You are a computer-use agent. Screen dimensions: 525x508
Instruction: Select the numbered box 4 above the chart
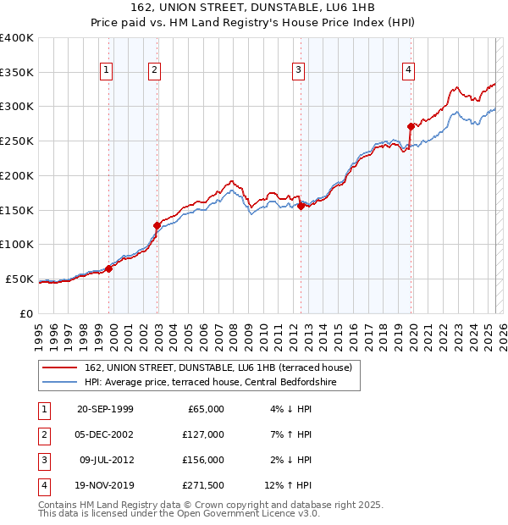(x=408, y=70)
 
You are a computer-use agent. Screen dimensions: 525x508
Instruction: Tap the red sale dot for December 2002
(x=157, y=225)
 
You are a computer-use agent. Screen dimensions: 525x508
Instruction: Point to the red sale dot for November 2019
(x=411, y=126)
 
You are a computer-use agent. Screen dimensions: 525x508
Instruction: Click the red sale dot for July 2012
(x=301, y=205)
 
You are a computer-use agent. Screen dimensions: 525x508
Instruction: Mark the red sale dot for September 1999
(x=108, y=268)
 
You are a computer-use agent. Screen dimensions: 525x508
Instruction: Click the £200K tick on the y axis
(x=17, y=175)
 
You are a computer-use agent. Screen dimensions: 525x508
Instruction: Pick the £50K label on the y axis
(x=19, y=279)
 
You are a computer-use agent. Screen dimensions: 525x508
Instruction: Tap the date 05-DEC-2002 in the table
(x=105, y=434)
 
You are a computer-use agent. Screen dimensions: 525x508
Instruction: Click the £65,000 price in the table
(x=204, y=409)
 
